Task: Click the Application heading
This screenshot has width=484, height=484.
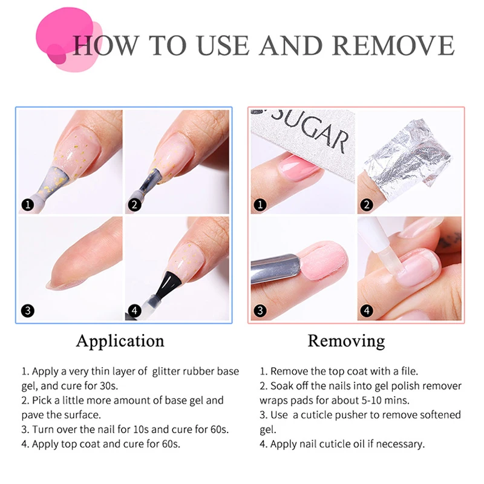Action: pos(120,341)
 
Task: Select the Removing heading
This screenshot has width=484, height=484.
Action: pos(345,341)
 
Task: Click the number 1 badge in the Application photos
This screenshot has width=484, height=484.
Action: pos(27,204)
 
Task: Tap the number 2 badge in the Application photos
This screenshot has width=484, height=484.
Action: pos(134,204)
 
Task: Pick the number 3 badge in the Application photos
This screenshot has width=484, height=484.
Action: pos(27,312)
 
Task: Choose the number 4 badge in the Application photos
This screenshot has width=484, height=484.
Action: pos(134,312)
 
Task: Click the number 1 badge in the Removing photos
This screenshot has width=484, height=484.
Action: pos(260,204)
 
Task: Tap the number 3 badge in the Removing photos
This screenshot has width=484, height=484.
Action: pos(260,312)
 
